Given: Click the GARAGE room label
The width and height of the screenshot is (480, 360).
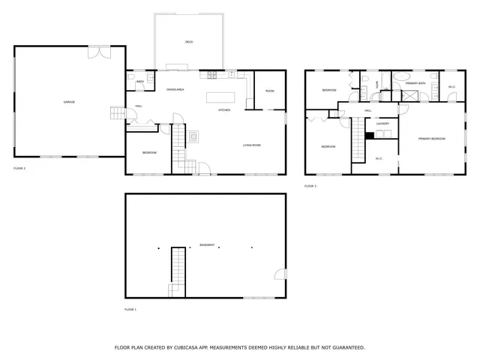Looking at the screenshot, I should coord(69,101).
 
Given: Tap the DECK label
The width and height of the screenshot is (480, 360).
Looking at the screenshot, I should coord(189,42).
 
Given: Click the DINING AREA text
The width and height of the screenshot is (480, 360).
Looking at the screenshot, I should coord(175,89).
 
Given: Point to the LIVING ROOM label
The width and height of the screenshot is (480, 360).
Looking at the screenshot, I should coord(251,145).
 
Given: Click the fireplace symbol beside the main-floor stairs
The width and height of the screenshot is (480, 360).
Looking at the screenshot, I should coord(193,136).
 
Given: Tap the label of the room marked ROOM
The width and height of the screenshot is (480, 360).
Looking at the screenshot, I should coord(269,91).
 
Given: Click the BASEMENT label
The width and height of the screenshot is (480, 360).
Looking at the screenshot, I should coord(206,244).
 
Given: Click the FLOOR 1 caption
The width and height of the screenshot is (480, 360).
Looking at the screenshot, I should coord(130,309).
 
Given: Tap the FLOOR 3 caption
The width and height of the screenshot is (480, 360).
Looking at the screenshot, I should coord(310,185).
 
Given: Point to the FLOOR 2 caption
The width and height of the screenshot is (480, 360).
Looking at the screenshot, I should coord(19,169).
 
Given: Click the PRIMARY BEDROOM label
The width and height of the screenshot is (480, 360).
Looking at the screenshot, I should coord(432,139).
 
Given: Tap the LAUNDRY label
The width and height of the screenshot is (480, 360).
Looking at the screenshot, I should coord(382,124).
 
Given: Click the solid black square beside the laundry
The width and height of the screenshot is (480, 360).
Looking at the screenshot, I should coord(369,135).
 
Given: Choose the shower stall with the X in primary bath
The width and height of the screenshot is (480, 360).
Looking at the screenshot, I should coord(409,94).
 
